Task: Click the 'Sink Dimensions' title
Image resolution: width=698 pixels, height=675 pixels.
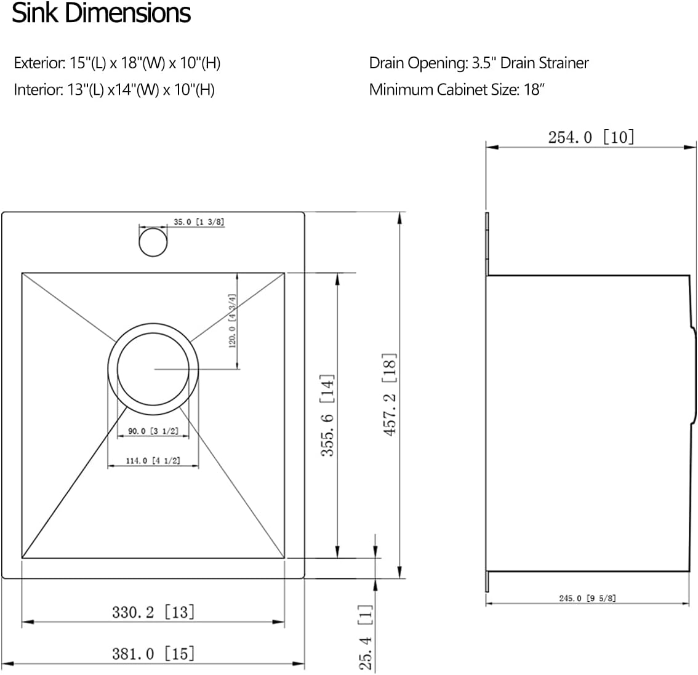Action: point(102,14)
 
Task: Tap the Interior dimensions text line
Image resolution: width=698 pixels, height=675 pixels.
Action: point(114,90)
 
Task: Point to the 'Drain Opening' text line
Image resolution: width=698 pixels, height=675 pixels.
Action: point(478,63)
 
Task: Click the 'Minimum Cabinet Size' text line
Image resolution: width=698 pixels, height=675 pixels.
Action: point(457,90)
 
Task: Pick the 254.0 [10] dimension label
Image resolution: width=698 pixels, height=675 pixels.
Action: point(590,137)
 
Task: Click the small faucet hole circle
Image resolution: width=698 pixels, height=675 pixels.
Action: point(153,242)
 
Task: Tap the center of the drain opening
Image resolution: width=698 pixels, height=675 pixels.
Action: point(153,369)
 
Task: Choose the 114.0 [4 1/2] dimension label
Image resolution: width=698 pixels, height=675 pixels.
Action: point(153,460)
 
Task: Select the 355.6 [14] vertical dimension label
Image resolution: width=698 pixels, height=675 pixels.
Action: point(327,415)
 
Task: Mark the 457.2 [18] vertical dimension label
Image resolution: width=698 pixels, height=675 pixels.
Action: point(390,394)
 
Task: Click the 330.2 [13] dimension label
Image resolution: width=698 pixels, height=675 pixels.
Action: point(153,612)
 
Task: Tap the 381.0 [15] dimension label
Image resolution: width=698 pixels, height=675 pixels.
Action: point(153,653)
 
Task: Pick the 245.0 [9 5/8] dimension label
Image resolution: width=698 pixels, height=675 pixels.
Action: point(588,597)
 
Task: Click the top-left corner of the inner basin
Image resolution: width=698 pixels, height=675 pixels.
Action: point(22,273)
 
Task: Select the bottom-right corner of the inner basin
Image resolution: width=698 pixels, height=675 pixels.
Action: point(284,558)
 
